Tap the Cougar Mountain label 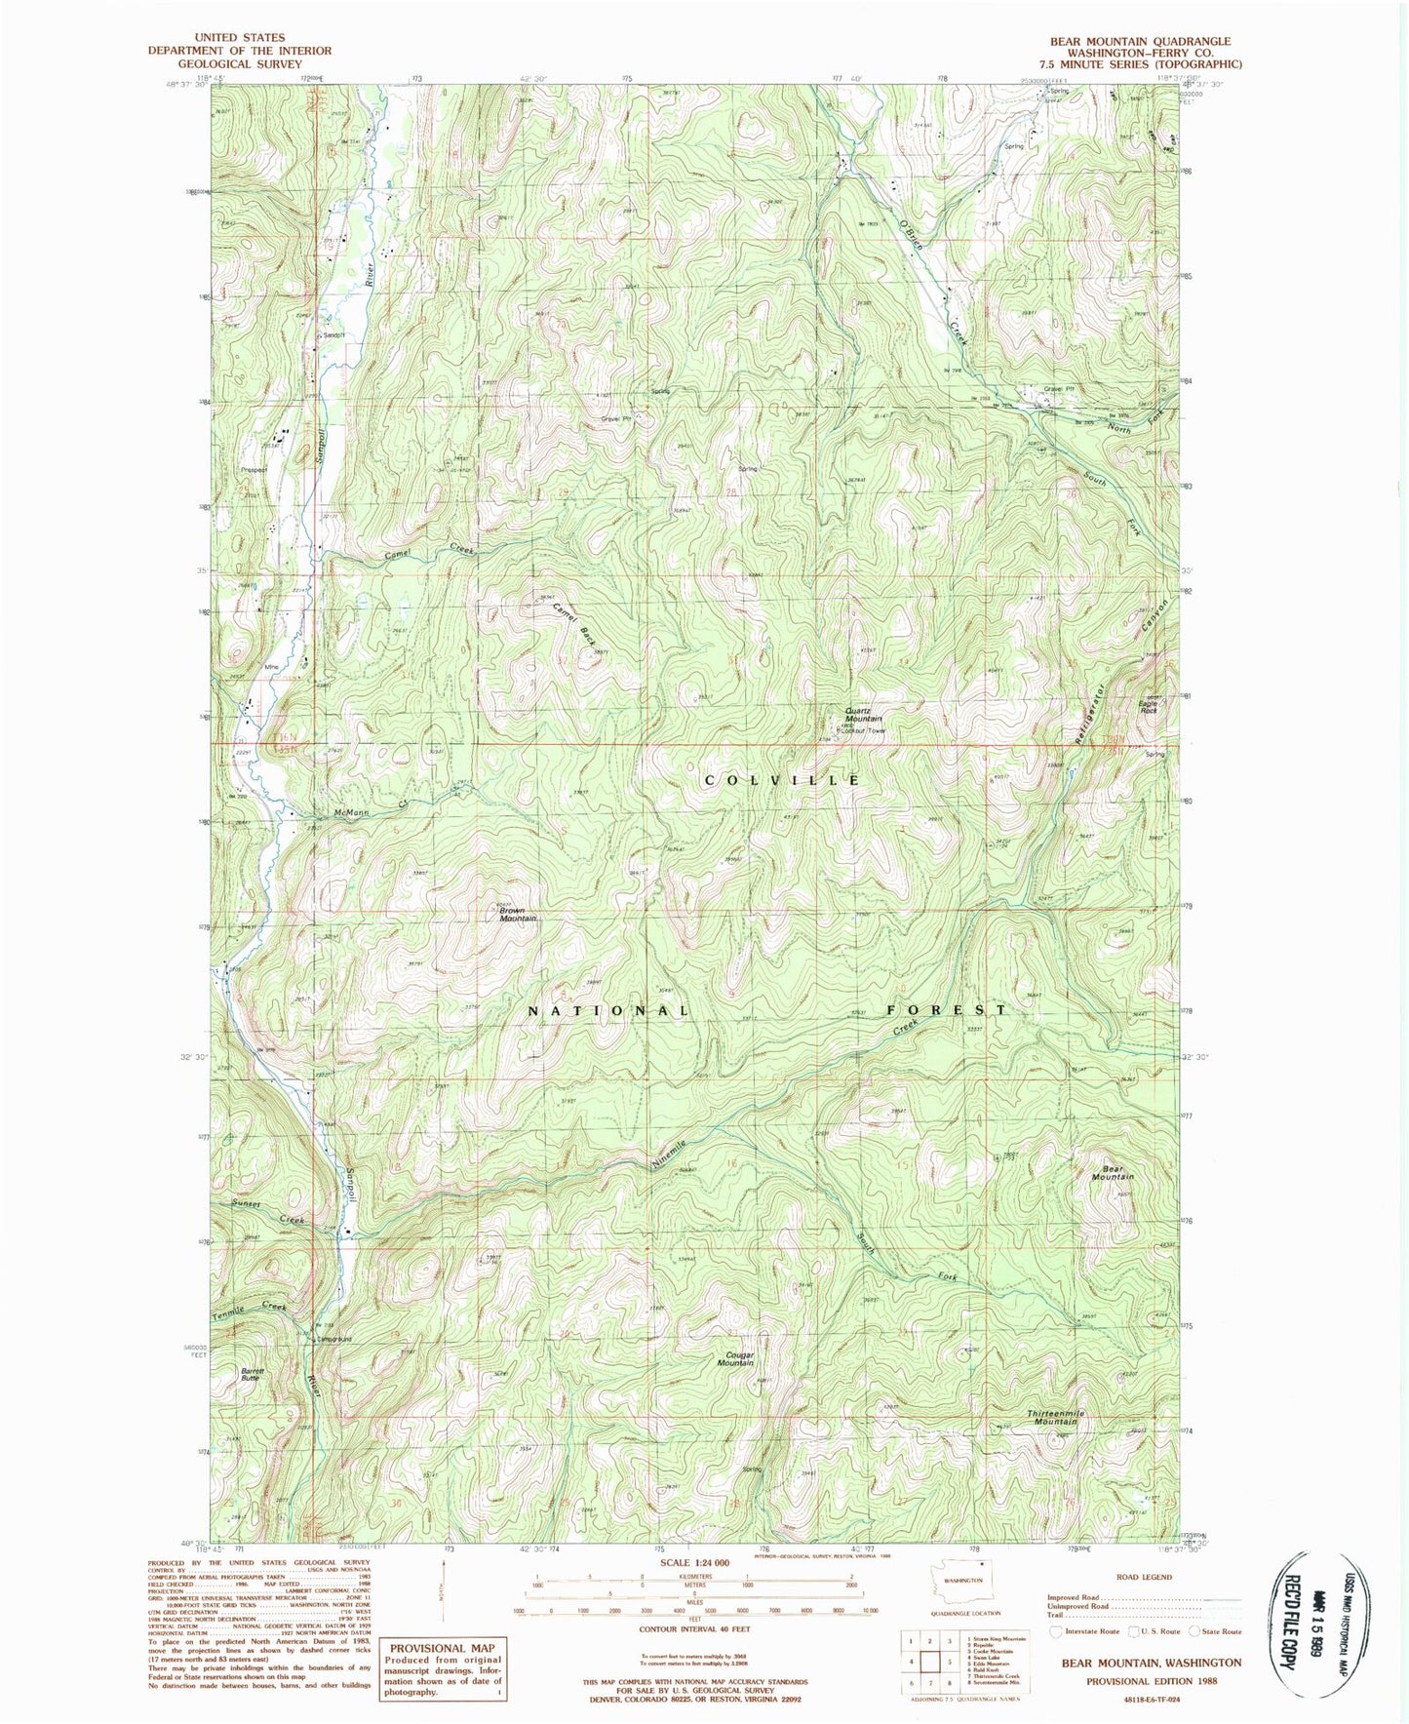[x=736, y=1358]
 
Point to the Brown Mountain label [x=517, y=914]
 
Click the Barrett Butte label [x=252, y=1374]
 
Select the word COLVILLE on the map [x=783, y=780]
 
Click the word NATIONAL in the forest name [x=608, y=1010]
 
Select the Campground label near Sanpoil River [x=333, y=1339]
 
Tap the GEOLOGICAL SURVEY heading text [x=239, y=63]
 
